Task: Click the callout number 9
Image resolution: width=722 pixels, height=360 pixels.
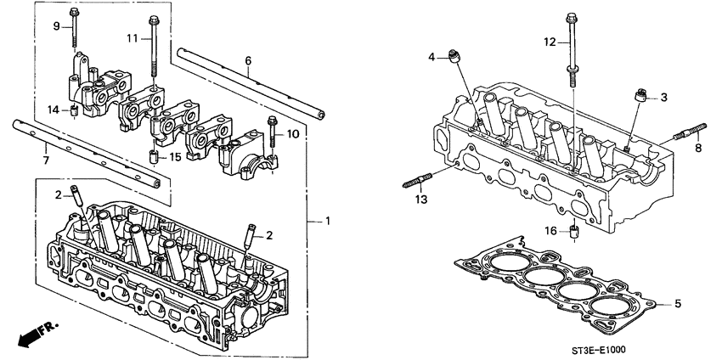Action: (58, 26)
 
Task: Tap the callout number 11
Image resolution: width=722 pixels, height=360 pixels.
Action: (133, 39)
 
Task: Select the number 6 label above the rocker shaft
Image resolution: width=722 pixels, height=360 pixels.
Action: (248, 60)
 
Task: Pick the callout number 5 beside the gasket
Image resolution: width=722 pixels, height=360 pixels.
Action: (677, 302)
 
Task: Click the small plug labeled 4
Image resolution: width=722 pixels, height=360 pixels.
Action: (459, 57)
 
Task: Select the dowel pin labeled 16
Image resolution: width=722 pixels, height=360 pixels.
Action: (575, 230)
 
